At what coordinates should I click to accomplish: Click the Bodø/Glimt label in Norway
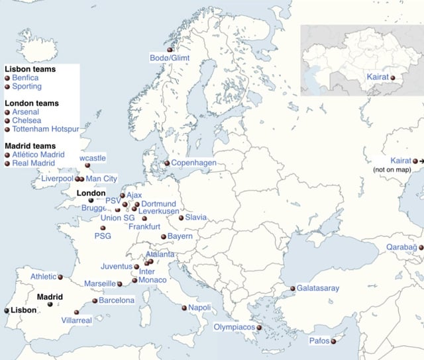(170, 59)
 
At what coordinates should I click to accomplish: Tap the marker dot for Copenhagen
(166, 163)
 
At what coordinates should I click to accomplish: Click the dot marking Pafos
(334, 341)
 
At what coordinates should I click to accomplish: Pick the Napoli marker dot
(184, 308)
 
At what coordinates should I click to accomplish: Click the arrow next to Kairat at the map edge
(420, 161)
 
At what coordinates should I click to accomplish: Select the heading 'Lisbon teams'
(30, 69)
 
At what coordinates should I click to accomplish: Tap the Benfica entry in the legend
(25, 77)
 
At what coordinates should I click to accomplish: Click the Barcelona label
(117, 300)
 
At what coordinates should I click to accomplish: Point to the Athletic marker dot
(60, 277)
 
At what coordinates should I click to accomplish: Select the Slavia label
(195, 217)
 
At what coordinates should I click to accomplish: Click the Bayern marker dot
(163, 236)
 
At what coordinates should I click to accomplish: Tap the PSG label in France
(103, 236)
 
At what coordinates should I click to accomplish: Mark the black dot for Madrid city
(50, 305)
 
